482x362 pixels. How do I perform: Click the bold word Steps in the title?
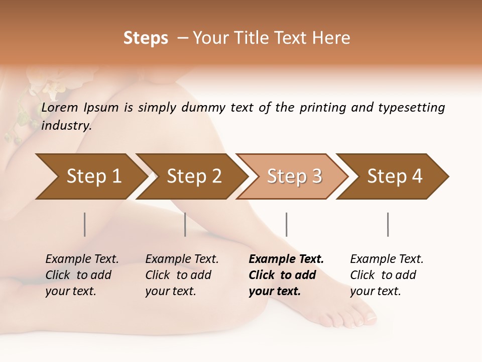(x=146, y=38)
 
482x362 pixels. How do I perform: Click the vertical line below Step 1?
(x=85, y=224)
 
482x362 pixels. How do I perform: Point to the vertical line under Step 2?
(x=185, y=224)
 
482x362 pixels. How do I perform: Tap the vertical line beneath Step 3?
(x=286, y=224)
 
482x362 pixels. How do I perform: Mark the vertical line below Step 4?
(x=388, y=224)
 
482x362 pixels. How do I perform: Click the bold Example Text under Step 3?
(x=286, y=259)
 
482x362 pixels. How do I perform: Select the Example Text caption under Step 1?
(x=82, y=259)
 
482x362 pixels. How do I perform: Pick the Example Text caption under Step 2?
(x=182, y=259)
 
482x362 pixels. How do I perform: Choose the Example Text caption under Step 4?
(x=387, y=259)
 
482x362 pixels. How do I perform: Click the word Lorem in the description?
(x=60, y=108)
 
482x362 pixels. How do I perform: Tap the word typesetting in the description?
(x=411, y=108)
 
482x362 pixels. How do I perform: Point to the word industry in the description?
(x=66, y=126)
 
